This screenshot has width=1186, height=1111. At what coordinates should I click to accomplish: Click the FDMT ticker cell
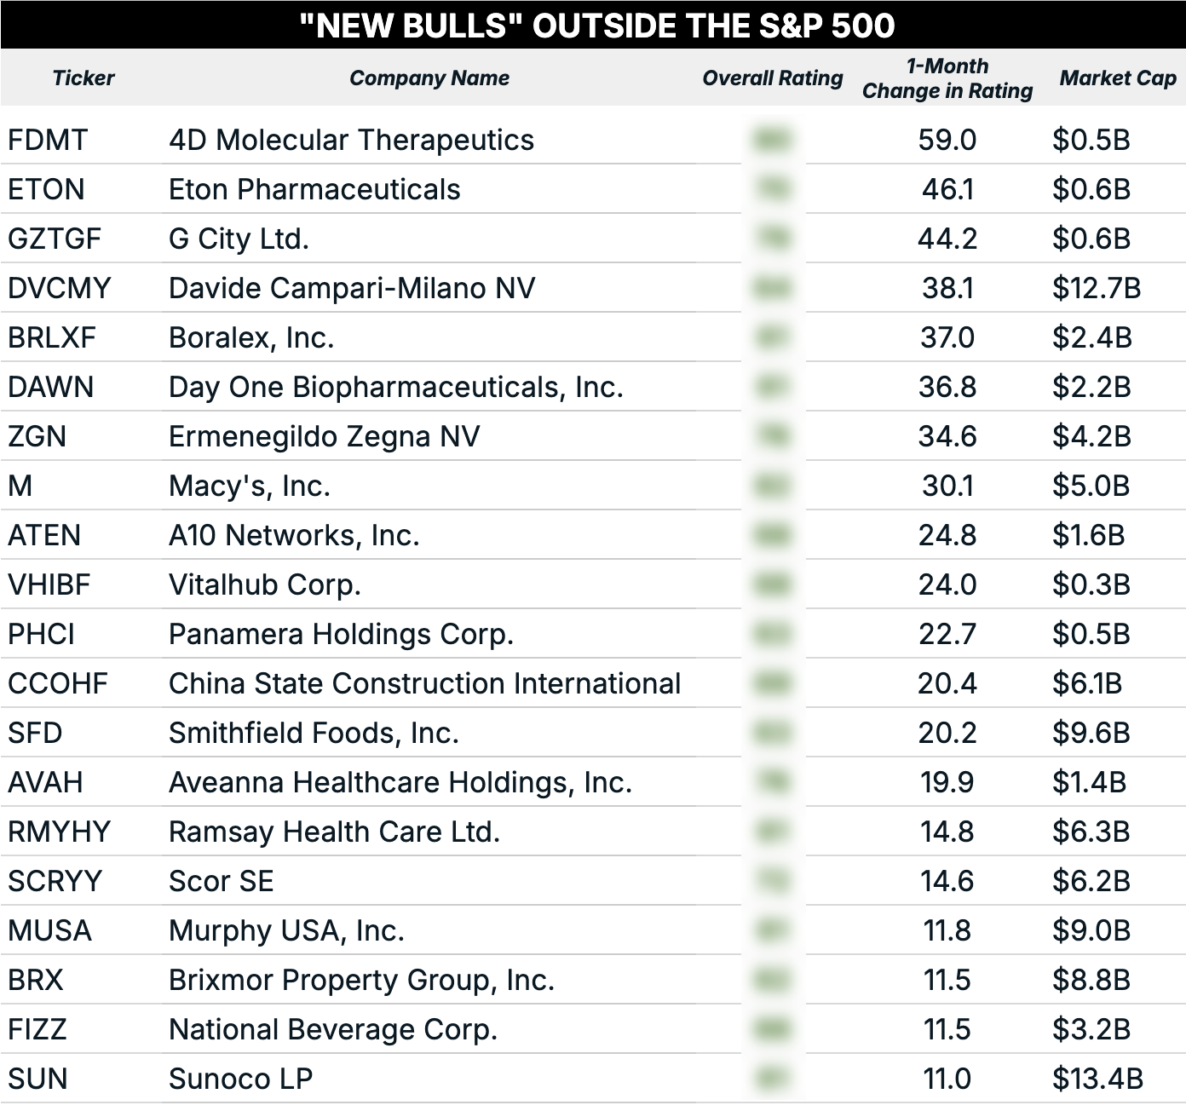[x=48, y=140]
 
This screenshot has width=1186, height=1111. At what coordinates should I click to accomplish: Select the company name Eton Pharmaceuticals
[x=314, y=189]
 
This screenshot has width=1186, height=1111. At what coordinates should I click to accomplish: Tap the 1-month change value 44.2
[x=947, y=239]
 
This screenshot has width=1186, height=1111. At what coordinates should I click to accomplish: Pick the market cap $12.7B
[x=1096, y=288]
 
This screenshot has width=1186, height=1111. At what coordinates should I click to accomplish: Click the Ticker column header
[x=83, y=78]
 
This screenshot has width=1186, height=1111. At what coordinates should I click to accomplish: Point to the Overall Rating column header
[x=772, y=78]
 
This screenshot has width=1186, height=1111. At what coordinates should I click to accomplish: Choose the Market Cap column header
[x=1117, y=78]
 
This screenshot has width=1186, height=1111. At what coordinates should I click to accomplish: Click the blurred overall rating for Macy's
[x=772, y=486]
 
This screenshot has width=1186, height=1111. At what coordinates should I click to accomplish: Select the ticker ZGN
[x=37, y=436]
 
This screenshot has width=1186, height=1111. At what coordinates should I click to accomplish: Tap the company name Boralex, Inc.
[x=251, y=337]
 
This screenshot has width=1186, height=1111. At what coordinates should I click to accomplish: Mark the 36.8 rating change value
[x=947, y=387]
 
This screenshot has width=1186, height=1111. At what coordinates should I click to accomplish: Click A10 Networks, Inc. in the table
[x=294, y=535]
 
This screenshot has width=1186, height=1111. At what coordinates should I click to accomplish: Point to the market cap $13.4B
[x=1097, y=1079]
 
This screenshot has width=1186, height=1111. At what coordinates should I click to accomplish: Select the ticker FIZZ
[x=37, y=1029]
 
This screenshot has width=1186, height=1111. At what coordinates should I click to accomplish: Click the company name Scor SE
[x=222, y=881]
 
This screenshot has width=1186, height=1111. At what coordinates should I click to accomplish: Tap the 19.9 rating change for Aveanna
[x=947, y=782]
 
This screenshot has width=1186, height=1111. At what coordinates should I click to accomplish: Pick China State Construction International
[x=424, y=683]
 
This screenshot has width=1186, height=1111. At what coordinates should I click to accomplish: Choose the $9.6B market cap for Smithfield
[x=1091, y=733]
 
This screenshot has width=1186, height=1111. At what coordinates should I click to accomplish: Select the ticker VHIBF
[x=49, y=584]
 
